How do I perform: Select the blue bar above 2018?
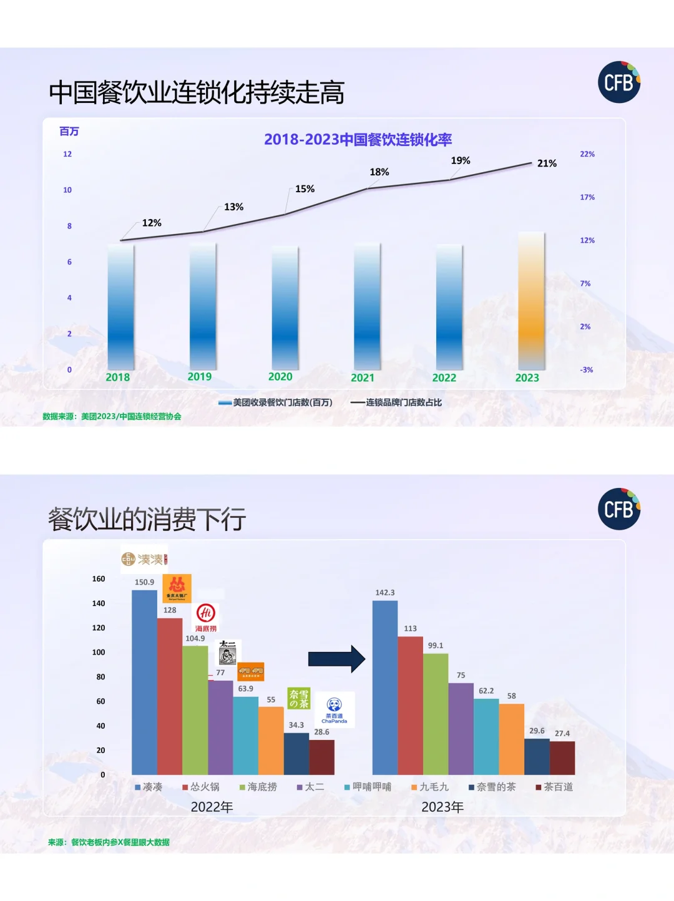click(120, 306)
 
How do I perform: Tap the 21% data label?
click(547, 163)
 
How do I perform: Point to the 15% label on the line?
click(305, 189)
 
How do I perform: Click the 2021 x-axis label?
click(363, 377)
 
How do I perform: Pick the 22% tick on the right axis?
click(587, 154)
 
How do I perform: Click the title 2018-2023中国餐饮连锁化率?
click(358, 139)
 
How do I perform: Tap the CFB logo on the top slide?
click(619, 82)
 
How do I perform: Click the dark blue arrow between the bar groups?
click(336, 659)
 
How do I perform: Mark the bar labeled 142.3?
click(385, 687)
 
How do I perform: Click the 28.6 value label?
click(321, 732)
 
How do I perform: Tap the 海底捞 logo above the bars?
click(206, 617)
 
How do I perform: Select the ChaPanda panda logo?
click(335, 709)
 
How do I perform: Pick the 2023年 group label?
click(442, 807)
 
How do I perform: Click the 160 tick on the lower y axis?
click(99, 579)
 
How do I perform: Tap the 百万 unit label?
click(69, 131)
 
